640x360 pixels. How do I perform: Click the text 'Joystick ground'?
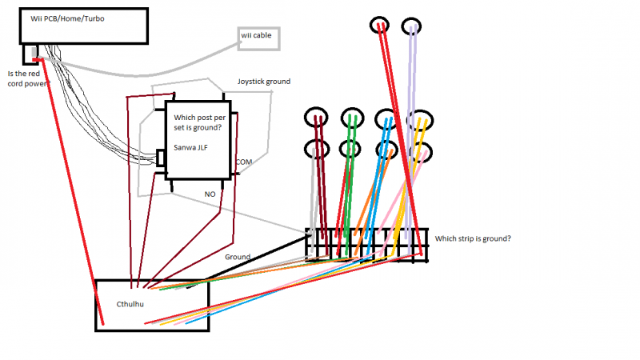(263, 82)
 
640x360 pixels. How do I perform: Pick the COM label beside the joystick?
(244, 162)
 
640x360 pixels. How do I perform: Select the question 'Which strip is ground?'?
(473, 238)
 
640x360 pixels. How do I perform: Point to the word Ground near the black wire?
(238, 257)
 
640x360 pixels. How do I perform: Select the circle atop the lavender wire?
(412, 25)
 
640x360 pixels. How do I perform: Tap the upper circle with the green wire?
(351, 118)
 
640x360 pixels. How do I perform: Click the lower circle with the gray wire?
(317, 150)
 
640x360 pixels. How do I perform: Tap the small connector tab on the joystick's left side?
(161, 158)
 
